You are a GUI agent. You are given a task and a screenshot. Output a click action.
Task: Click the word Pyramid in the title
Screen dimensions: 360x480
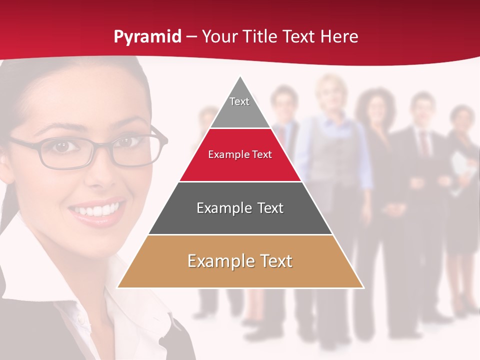(x=147, y=37)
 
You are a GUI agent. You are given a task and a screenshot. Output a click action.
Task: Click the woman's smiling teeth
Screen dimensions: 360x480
(x=98, y=209)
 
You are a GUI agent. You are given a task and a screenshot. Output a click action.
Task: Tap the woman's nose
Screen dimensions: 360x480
(x=95, y=172)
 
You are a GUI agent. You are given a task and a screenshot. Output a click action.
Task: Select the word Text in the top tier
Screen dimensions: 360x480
(x=239, y=101)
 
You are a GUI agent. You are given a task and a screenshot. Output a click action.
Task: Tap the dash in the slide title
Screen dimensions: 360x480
(x=191, y=37)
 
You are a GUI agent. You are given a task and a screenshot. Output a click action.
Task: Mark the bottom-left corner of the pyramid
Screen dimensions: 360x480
(x=118, y=287)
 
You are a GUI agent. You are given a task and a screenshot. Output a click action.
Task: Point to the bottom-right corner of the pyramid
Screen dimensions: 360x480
(x=363, y=287)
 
